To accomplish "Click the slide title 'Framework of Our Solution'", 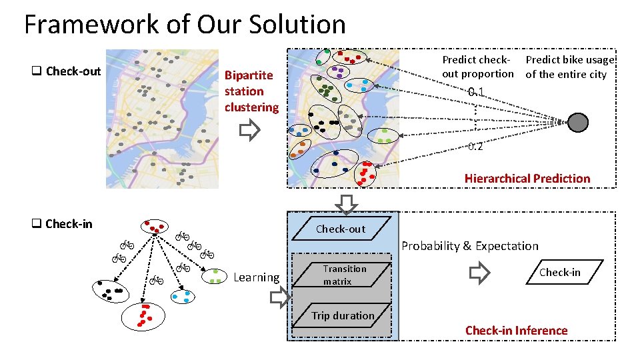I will point(185,25).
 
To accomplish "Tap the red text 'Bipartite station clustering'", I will point(251,91).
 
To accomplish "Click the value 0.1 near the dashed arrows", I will point(475,92).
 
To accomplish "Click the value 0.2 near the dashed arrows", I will point(475,147).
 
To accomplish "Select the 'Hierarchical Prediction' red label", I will point(527,178).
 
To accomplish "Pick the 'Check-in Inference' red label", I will point(516,330).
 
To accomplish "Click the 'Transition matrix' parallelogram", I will point(344,275).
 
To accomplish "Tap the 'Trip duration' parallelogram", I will point(343,315).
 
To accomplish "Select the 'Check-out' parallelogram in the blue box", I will point(341,229).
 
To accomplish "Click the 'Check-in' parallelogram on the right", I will point(559,272).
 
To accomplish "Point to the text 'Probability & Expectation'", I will point(469,246).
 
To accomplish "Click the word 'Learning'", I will point(257,277).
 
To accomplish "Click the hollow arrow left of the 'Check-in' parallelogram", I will point(479,273).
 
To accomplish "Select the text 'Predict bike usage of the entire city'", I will point(569,67).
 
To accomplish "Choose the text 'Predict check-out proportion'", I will point(478,67).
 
